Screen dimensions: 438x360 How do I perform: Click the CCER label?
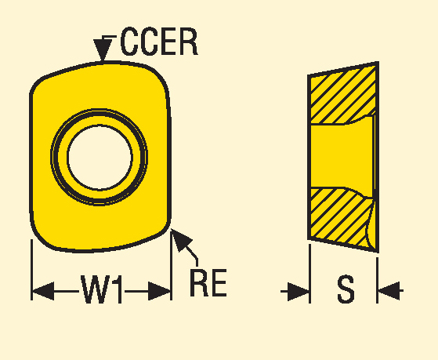coord(159,42)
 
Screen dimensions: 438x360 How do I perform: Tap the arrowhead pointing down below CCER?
coord(103,49)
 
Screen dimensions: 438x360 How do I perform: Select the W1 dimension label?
coord(101,289)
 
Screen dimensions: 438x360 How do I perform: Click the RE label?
coord(208,282)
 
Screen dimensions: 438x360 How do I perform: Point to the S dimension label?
coord(346,289)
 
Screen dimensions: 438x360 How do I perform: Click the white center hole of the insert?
coord(100,158)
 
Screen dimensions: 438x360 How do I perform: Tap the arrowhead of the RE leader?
coord(180,239)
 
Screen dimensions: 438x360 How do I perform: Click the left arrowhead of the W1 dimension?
coord(43,291)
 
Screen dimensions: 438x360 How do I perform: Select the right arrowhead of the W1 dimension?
coord(159,291)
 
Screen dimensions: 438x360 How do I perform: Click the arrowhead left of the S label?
coord(299,292)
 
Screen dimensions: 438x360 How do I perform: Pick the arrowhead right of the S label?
coord(389,291)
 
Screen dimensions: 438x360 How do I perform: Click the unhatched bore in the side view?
coord(342,155)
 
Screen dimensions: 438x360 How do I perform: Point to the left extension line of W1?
coord(31,270)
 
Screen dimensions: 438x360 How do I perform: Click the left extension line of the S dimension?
coord(309,274)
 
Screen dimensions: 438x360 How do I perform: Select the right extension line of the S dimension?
coord(377,280)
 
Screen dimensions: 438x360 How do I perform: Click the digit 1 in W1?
coord(118,289)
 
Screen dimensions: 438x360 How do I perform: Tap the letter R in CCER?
coord(189,42)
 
